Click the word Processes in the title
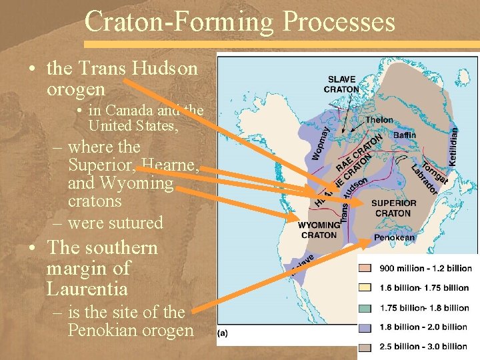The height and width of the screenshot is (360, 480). (x=338, y=22)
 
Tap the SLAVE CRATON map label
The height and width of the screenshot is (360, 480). (x=341, y=84)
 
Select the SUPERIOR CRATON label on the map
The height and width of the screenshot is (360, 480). (x=393, y=208)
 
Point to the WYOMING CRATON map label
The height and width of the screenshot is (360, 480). (x=319, y=230)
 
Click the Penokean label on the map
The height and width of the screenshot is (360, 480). (x=394, y=237)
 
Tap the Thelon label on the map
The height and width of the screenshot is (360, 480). (x=379, y=120)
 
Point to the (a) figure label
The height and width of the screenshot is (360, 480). (x=222, y=334)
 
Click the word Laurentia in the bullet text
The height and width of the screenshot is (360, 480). (x=87, y=289)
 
